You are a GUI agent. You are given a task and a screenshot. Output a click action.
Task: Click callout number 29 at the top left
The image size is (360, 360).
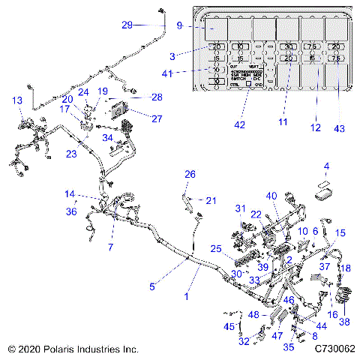coord(128,25)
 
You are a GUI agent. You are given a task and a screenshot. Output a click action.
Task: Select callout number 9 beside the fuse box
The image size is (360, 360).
coord(179,26)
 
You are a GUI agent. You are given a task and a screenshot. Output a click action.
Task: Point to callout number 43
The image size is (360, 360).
coord(340,129)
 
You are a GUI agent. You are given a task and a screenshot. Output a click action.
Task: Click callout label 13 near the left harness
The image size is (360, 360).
coord(16,100)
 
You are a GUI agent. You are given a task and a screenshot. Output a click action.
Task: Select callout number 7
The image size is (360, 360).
coord(111,247)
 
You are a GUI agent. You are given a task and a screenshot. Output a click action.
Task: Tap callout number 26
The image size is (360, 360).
coord(190,174)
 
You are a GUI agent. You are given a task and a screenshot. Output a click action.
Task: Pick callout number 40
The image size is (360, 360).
coord(271,197)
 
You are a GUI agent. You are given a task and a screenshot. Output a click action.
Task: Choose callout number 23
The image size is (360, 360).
coord(70,154)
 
